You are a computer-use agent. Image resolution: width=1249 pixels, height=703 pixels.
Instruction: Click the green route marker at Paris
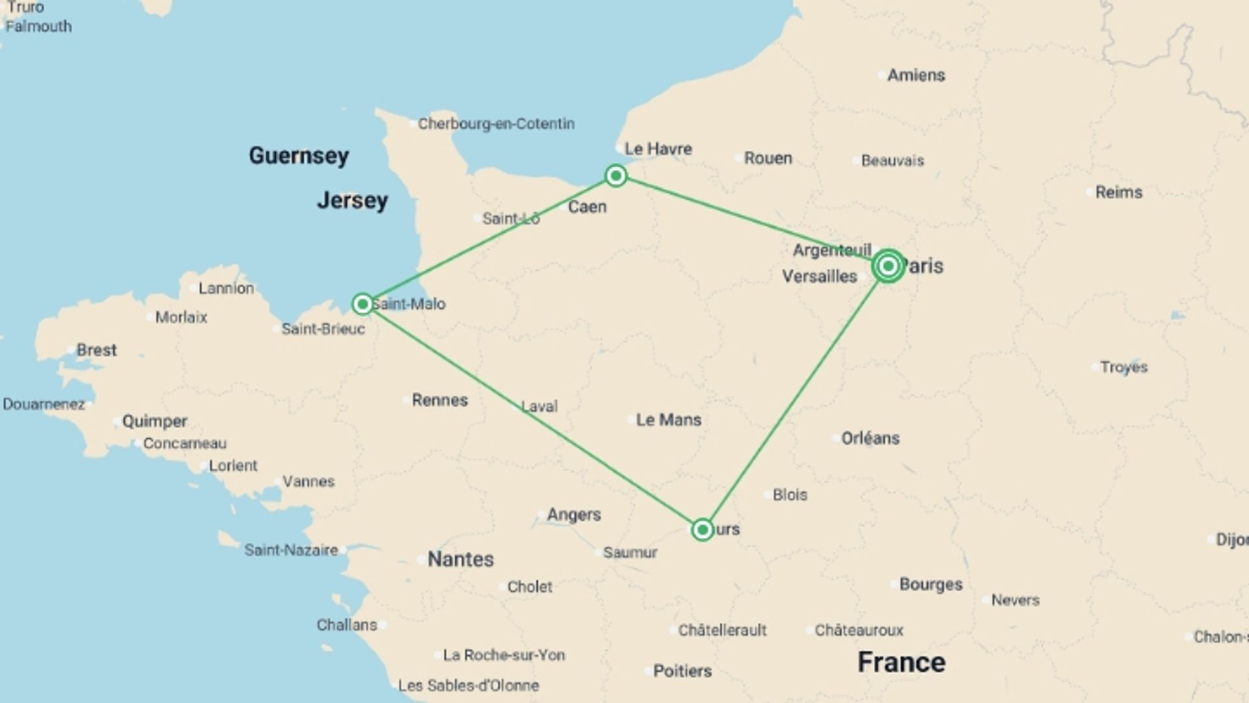tap(888, 266)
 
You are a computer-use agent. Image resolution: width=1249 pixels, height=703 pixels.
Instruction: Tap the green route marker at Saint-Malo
tap(362, 304)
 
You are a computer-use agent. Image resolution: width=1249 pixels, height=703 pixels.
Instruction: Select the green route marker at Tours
tap(702, 530)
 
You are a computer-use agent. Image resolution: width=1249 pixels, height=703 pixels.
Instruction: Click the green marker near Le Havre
tap(615, 176)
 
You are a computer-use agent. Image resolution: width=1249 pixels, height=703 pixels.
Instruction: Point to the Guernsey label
tap(299, 156)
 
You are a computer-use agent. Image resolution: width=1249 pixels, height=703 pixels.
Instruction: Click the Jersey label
tap(352, 200)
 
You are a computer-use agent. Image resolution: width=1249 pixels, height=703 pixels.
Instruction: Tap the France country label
tap(901, 663)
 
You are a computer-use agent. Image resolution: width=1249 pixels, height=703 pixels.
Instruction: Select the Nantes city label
tap(460, 559)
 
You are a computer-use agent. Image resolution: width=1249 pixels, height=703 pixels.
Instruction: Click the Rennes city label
tap(439, 400)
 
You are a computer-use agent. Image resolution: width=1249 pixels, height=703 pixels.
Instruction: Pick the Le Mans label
tap(668, 420)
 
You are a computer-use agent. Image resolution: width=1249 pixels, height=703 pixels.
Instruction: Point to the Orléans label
tap(870, 438)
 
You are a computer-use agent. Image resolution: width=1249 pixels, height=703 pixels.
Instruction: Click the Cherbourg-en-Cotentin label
tap(496, 124)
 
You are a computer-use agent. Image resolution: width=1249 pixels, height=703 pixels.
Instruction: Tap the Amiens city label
tap(915, 76)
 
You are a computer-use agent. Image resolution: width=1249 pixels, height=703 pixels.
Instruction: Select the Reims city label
tap(1118, 192)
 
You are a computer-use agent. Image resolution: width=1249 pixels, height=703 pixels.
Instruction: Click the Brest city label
tap(96, 350)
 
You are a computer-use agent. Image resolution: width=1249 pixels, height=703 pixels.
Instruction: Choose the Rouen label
tap(768, 158)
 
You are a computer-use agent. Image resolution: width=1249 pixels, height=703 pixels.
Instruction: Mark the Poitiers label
tap(682, 671)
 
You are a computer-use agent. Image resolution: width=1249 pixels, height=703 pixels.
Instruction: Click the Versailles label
tap(819, 277)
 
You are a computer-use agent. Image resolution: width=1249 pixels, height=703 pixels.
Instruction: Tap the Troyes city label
tap(1123, 367)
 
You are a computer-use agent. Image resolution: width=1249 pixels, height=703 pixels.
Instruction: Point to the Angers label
tap(573, 515)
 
